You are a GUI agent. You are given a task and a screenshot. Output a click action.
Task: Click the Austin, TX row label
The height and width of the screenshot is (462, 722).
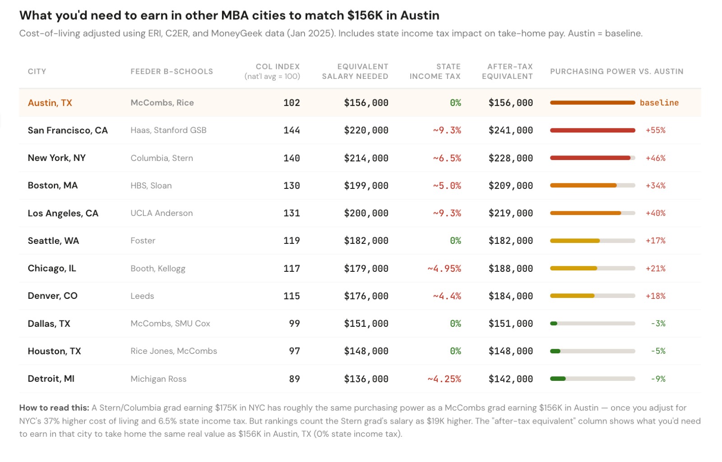click(x=50, y=103)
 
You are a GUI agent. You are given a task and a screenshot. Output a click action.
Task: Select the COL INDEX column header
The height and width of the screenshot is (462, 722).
click(x=277, y=66)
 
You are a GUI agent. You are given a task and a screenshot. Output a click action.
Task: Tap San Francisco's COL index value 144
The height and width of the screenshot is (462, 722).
click(x=292, y=130)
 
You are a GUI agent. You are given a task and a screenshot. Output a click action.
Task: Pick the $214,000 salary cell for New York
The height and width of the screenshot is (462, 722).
click(x=366, y=158)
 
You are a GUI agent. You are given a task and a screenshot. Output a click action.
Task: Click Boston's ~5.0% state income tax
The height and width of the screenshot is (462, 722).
click(x=447, y=186)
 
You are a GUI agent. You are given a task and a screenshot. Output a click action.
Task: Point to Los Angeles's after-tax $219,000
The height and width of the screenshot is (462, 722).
click(x=510, y=213)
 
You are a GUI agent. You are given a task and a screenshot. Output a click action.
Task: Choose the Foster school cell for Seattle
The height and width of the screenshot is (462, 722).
click(x=143, y=241)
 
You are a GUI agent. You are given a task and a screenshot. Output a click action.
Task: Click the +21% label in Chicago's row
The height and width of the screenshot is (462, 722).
click(x=655, y=269)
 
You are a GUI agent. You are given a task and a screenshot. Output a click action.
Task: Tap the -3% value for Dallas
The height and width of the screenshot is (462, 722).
click(x=658, y=324)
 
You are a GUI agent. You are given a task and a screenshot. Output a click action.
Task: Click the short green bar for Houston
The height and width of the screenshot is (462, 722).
click(x=555, y=351)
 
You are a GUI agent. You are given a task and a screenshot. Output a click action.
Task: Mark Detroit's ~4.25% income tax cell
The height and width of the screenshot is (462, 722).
click(x=444, y=379)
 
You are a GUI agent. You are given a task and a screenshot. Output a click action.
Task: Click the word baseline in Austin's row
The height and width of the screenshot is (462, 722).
click(x=659, y=103)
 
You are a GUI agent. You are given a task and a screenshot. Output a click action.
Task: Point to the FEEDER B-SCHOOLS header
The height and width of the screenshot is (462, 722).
click(x=171, y=71)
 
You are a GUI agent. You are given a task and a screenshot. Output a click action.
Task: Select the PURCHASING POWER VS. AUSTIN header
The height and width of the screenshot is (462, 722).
click(x=616, y=71)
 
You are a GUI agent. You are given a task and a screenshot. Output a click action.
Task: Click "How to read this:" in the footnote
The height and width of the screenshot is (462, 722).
click(x=54, y=408)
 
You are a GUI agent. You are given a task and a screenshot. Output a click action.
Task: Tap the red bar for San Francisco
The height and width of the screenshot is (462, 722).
click(x=592, y=130)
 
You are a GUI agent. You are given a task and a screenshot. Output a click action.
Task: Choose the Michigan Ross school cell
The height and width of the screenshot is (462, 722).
click(x=158, y=379)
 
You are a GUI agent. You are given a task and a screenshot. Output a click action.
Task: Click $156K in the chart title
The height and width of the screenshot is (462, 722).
click(x=365, y=15)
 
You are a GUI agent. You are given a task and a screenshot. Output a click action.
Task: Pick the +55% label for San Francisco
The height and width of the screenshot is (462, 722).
click(x=655, y=130)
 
